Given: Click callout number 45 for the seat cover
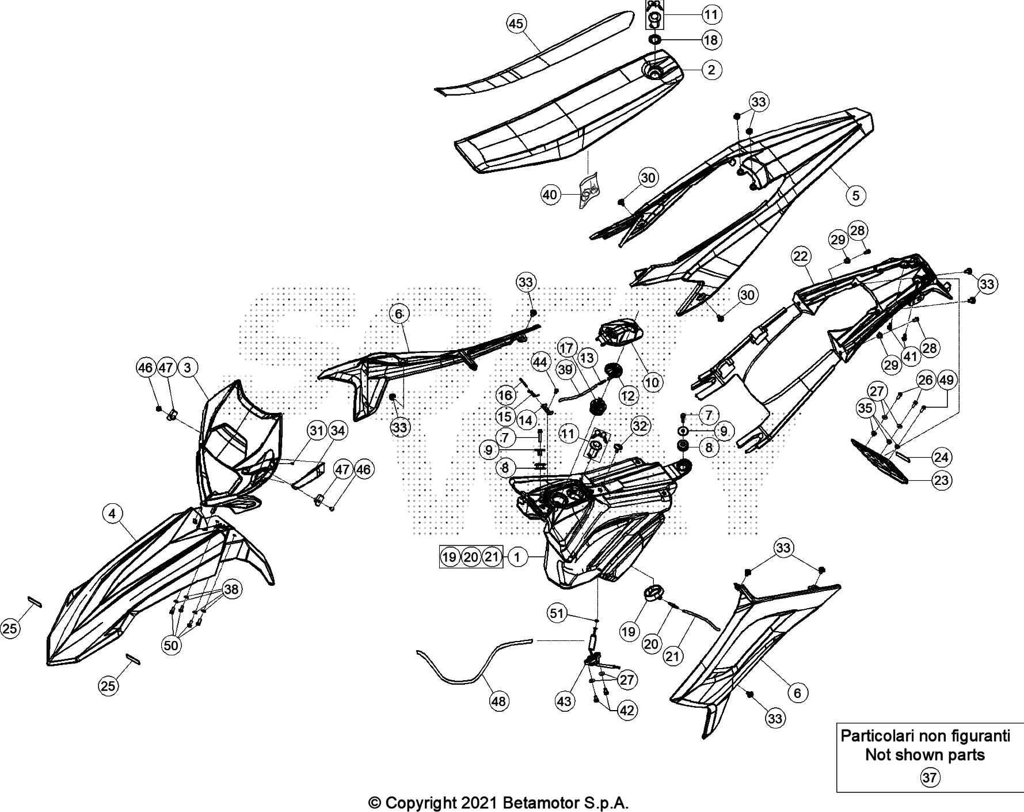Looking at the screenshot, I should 516,24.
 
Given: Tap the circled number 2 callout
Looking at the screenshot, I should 711,70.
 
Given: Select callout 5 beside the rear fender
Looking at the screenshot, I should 855,195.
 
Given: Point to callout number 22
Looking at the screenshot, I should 801,256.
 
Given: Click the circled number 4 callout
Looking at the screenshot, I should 112,513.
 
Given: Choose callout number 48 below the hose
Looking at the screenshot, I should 499,701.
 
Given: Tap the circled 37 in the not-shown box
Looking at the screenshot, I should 930,778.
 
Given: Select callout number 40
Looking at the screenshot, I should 550,195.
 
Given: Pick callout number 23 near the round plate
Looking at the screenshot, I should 942,480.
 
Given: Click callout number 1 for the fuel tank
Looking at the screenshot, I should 517,557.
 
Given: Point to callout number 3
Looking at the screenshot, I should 188,367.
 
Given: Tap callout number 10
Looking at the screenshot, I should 653,381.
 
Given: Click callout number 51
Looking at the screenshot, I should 557,614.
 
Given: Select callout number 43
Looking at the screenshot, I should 565,701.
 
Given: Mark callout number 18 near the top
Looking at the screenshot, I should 711,40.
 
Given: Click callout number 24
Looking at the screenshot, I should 942,457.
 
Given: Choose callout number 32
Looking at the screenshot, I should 639,426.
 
